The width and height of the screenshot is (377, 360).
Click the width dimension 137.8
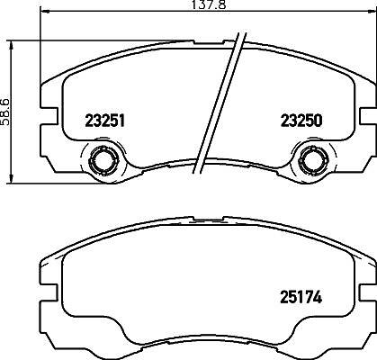coord(208,4)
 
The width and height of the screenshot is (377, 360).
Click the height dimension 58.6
coord(6,112)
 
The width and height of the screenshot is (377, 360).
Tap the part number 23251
coord(104,121)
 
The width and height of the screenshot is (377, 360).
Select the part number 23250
coord(301,121)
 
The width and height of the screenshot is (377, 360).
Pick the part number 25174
coord(301,297)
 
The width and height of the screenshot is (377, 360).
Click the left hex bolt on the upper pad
coord(102,161)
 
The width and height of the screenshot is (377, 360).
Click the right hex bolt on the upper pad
coord(311,161)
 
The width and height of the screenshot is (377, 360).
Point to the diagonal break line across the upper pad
coord(220,103)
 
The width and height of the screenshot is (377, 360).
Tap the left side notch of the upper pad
coord(48,115)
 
